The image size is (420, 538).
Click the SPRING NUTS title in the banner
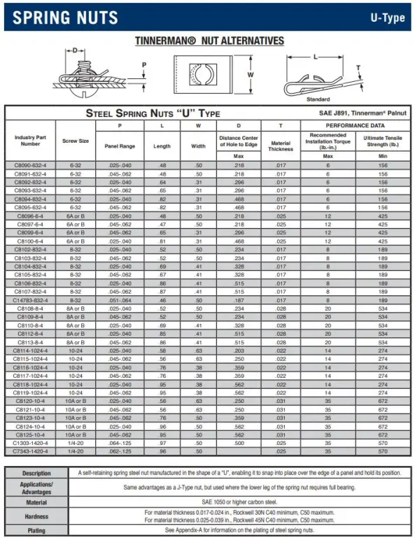tap(66, 17)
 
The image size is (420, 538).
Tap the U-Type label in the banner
tap(387, 17)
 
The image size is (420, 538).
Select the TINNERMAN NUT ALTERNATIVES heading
tap(209, 41)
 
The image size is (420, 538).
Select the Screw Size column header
tap(76, 141)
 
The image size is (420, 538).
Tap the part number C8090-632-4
tap(31, 164)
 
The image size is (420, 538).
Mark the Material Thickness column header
tap(281, 145)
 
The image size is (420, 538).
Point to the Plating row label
tap(36, 532)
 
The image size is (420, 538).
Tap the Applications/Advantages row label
tap(36, 487)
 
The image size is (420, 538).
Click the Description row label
tap(36, 473)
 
